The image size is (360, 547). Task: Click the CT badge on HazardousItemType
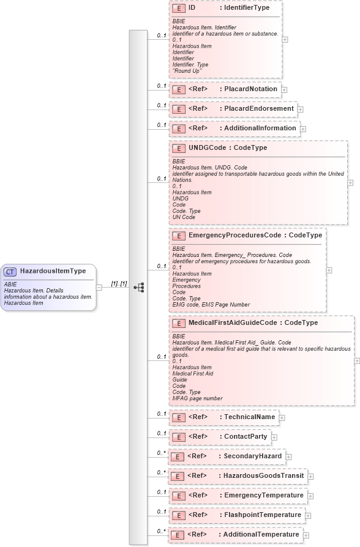(x=11, y=271)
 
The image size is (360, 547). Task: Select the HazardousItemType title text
(x=53, y=271)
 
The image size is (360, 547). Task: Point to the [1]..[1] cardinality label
(x=119, y=283)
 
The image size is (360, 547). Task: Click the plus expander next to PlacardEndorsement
(x=300, y=110)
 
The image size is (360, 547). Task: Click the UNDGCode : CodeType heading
(x=227, y=148)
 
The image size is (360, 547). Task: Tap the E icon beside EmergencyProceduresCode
(x=178, y=236)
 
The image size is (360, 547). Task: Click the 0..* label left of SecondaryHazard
(x=161, y=453)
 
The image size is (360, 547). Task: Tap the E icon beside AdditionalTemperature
(x=177, y=535)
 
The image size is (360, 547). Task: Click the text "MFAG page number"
(x=197, y=398)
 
